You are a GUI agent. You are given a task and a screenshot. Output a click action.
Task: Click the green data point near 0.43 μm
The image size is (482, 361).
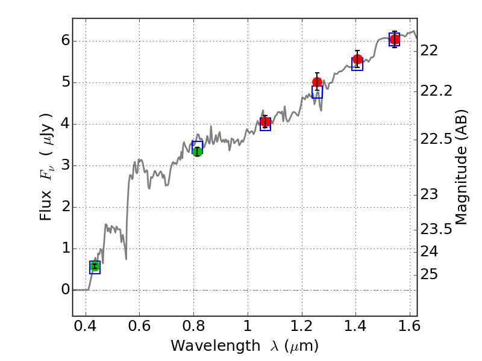95,266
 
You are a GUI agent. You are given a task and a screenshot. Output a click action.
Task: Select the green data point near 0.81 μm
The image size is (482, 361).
197,151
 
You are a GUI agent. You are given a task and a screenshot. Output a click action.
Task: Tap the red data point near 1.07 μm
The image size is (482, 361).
265,122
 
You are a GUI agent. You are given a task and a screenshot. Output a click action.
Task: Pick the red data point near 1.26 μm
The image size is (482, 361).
318,82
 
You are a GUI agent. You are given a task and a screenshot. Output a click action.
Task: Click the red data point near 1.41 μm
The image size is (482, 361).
357,59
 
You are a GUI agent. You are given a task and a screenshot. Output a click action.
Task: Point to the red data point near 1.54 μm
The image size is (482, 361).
395,40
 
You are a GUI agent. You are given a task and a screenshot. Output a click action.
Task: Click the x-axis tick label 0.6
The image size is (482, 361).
139,329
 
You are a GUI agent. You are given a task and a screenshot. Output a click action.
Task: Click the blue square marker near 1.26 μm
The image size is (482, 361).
317,92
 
